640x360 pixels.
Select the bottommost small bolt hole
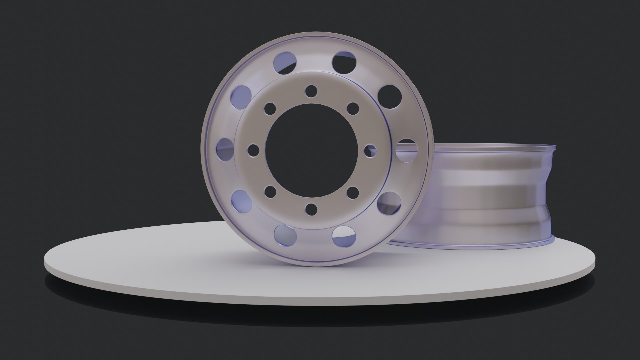pos(311,209)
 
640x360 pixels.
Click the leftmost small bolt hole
pos(254,150)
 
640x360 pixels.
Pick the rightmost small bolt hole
pos(370,150)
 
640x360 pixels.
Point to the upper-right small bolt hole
pos(353,108)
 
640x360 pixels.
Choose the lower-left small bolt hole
pos(271,192)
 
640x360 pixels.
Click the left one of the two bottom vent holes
pos(285,234)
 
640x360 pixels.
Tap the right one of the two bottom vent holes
pos(344,236)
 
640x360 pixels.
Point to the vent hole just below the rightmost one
pos(389,203)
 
